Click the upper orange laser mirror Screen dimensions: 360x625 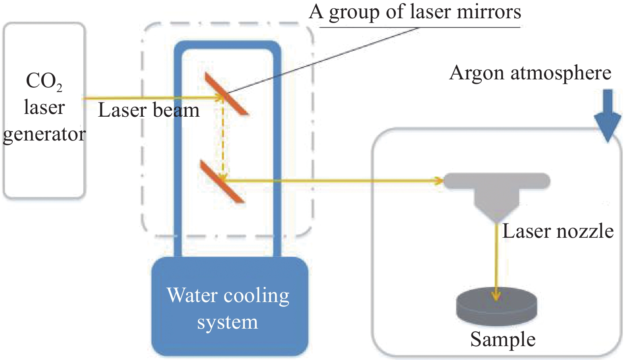[227, 94]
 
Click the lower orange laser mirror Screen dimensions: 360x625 [222, 182]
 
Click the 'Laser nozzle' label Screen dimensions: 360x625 [558, 231]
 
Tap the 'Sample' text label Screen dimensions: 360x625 [503, 339]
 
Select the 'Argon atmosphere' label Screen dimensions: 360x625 [530, 73]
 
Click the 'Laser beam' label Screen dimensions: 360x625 [148, 110]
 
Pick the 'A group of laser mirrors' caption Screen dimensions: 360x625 [415, 12]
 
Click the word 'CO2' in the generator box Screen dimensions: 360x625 [44, 81]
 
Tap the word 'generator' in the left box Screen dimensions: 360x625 [44, 134]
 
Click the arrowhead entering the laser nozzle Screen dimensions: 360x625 [439, 181]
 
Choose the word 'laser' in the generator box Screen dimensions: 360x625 [44, 107]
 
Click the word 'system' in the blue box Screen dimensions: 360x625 [227, 322]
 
